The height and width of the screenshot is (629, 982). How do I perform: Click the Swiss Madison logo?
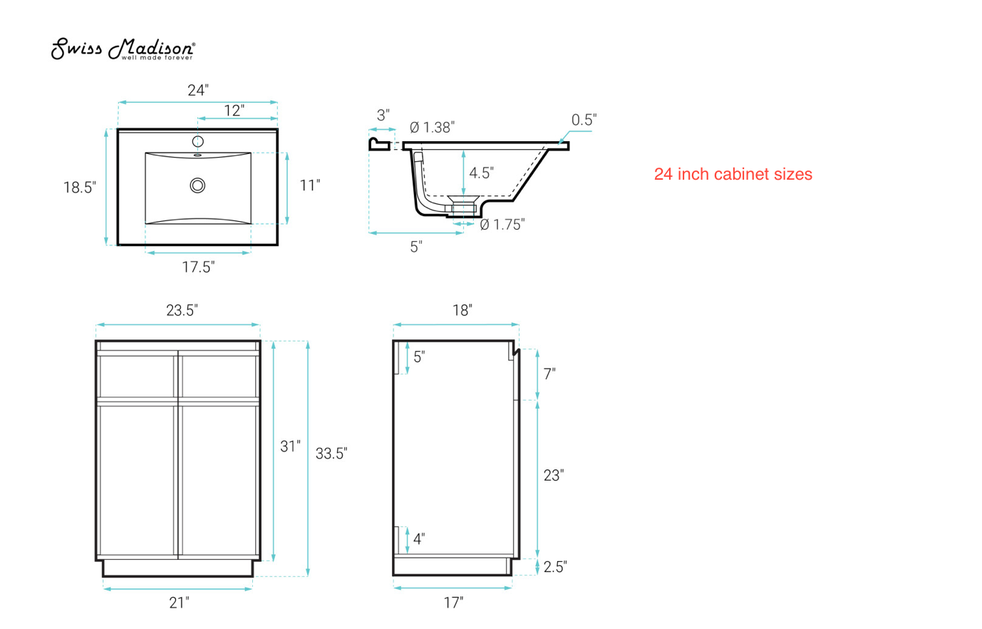123,49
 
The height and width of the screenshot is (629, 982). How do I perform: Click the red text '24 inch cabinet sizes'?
733,174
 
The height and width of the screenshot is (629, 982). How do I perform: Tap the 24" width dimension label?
197,91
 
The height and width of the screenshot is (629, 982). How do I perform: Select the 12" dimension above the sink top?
234,111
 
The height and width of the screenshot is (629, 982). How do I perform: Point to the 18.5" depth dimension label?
79,188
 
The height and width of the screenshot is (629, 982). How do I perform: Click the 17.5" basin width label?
198,267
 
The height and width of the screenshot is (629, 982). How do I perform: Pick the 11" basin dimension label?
309,185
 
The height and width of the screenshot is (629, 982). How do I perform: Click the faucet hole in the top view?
197,141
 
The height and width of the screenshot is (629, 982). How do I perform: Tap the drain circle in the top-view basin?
197,185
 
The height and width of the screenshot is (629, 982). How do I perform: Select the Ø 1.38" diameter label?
432,128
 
